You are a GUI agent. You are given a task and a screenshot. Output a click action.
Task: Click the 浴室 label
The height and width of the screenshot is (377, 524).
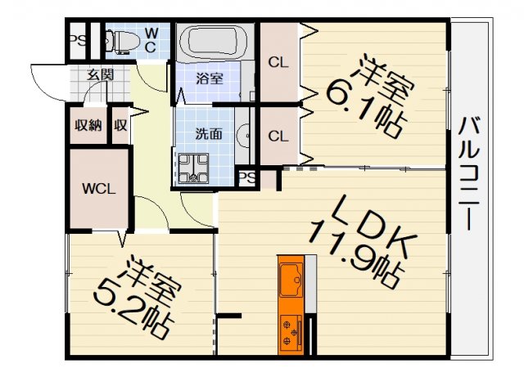tap(210, 79)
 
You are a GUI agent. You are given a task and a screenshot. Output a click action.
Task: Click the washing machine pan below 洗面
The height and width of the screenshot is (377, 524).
tap(194, 168)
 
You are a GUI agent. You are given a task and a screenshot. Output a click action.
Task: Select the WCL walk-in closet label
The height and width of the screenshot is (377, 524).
tap(99, 187)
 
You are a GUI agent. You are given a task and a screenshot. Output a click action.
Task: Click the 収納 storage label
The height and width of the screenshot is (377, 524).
tap(88, 126)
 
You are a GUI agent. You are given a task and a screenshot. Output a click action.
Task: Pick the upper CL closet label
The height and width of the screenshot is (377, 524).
tap(278, 61)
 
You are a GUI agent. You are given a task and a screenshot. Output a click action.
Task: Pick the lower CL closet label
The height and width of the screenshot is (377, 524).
tap(278, 136)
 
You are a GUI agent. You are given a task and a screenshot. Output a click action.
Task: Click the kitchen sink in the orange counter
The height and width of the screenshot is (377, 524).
tap(291, 279)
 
